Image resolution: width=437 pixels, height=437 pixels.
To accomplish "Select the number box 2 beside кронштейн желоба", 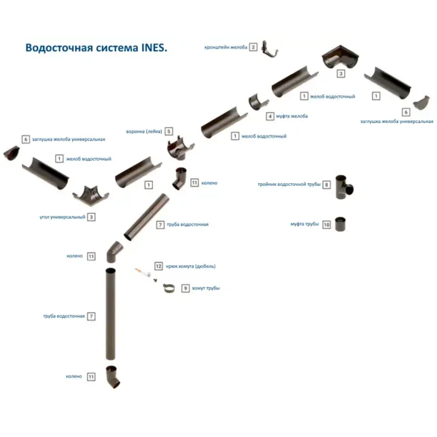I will point(253,47).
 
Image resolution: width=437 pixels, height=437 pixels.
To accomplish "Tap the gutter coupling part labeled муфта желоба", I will point(257,102).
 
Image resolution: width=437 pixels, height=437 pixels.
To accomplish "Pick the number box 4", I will point(270,116).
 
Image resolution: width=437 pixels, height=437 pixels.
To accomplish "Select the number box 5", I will point(168,131).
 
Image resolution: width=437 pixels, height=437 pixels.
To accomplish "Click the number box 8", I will point(327,185).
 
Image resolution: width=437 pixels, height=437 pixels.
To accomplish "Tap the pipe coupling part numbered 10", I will point(340,224).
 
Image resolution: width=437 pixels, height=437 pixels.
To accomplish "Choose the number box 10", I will point(327,224).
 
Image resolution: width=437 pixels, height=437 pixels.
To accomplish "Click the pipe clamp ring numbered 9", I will point(169,288).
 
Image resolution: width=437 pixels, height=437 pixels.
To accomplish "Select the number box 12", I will point(158,266).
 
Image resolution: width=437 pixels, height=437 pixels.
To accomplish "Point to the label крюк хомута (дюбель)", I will point(190,266).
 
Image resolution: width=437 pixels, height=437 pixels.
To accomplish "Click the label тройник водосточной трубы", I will point(289,185).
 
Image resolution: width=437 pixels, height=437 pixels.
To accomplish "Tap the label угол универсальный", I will point(62,217).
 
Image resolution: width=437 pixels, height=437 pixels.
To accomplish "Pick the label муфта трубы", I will point(305,224).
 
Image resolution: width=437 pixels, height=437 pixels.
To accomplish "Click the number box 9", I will point(185,288).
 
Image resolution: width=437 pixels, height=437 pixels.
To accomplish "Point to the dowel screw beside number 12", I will point(143,272).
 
